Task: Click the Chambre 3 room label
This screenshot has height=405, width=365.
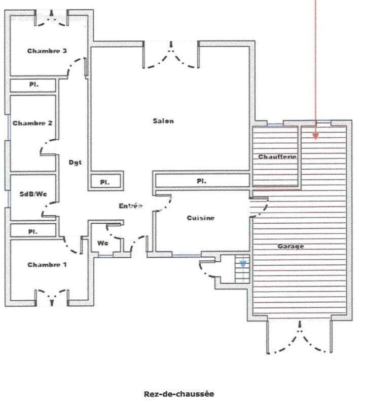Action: (x=47, y=51)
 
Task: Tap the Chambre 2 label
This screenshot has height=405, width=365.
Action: (x=32, y=123)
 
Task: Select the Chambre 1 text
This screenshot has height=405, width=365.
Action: (x=47, y=265)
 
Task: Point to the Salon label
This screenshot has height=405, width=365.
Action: (x=163, y=121)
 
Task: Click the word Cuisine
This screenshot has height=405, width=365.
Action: (x=200, y=218)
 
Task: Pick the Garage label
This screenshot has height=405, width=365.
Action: (x=291, y=247)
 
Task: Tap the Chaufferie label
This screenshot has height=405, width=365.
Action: (x=277, y=157)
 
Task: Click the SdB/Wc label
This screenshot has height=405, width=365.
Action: (x=33, y=194)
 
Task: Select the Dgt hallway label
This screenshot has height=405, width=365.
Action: (x=75, y=163)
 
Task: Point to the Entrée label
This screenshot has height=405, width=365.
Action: (x=131, y=206)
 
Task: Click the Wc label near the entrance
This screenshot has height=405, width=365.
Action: (x=103, y=243)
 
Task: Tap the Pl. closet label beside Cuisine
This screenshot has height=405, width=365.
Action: (x=202, y=181)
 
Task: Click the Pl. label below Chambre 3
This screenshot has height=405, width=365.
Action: (x=34, y=85)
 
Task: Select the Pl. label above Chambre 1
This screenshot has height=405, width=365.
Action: (x=33, y=232)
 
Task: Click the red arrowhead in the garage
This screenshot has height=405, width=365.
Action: (x=315, y=136)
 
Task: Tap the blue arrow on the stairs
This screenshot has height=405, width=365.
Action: (x=243, y=263)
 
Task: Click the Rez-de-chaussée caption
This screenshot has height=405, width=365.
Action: (x=179, y=394)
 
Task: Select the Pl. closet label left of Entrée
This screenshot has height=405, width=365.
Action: (x=105, y=182)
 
